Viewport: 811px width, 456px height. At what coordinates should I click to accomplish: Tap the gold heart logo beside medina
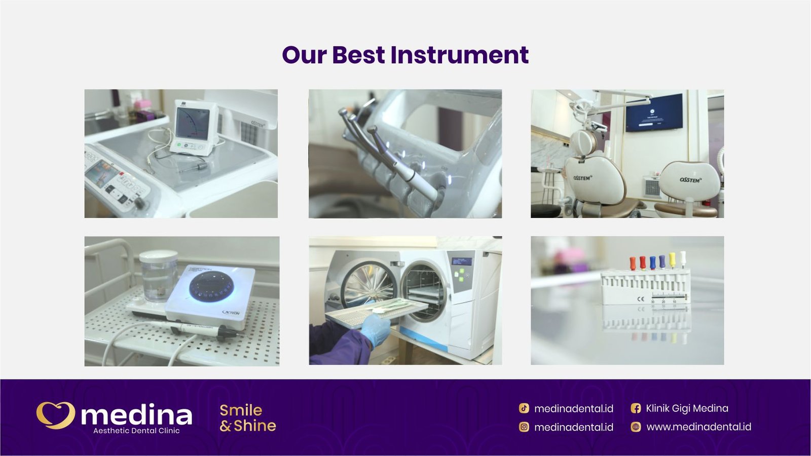pyautogui.click(x=55, y=415)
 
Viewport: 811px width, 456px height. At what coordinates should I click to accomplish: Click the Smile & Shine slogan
pyautogui.click(x=248, y=418)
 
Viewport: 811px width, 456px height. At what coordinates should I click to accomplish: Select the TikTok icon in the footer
pyautogui.click(x=524, y=408)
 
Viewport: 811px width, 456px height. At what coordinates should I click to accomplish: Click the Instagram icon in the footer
pyautogui.click(x=524, y=427)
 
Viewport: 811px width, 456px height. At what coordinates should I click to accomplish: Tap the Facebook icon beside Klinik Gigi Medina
pyautogui.click(x=636, y=408)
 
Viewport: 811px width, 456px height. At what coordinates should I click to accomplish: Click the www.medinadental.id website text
pyautogui.click(x=698, y=427)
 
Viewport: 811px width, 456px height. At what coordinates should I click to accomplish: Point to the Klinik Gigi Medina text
pyautogui.click(x=687, y=408)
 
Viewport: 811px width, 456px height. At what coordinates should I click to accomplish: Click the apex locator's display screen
pyautogui.click(x=193, y=124)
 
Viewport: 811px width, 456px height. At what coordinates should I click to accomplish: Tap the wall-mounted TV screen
pyautogui.click(x=654, y=113)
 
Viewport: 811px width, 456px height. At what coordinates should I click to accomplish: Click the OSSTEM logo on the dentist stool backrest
pyautogui.click(x=690, y=180)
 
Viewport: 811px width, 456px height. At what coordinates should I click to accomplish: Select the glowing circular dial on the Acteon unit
pyautogui.click(x=211, y=285)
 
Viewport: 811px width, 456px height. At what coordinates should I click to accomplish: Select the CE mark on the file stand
pyautogui.click(x=641, y=299)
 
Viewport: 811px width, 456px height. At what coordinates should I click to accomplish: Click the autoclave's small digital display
pyautogui.click(x=461, y=262)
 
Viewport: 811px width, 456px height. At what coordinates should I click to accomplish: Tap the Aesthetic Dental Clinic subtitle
pyautogui.click(x=136, y=431)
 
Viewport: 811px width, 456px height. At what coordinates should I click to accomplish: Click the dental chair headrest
pyautogui.click(x=583, y=142)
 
